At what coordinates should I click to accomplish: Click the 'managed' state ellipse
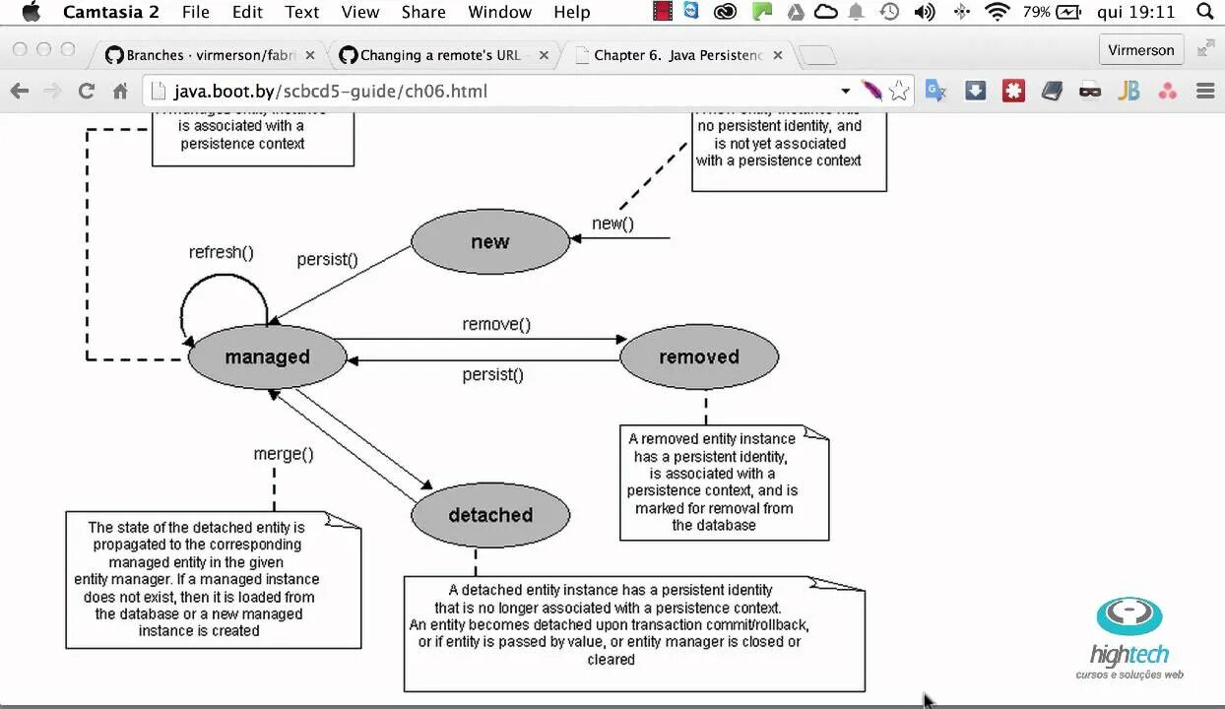click(267, 356)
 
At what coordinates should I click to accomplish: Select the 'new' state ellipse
click(489, 242)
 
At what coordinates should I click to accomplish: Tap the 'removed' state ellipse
click(698, 356)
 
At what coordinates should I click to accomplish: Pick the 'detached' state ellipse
click(489, 515)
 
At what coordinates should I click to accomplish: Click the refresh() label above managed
click(221, 252)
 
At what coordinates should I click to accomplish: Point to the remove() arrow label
click(496, 324)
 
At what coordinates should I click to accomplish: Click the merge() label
click(284, 454)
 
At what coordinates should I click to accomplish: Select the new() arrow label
click(612, 224)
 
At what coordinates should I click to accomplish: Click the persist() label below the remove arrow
click(492, 374)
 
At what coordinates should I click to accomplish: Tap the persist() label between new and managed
click(327, 259)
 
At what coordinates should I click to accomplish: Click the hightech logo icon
click(1129, 616)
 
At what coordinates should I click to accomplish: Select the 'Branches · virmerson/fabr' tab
click(212, 55)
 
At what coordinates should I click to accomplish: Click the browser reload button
click(87, 92)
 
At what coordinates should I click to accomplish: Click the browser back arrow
click(20, 92)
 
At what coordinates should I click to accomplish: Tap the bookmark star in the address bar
click(898, 92)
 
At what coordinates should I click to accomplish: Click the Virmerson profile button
click(1140, 50)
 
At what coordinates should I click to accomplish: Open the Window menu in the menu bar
click(499, 12)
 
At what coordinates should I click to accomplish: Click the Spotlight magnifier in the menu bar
click(1204, 12)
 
